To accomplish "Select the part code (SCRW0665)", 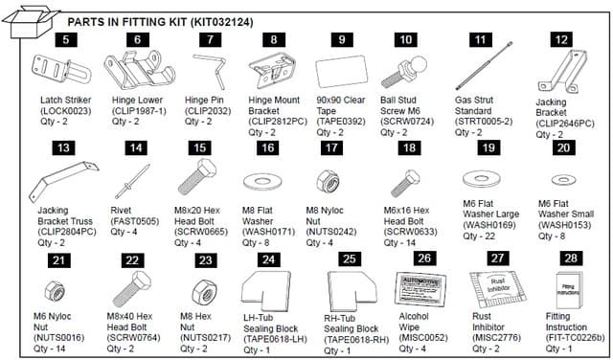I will (x=202, y=231).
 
